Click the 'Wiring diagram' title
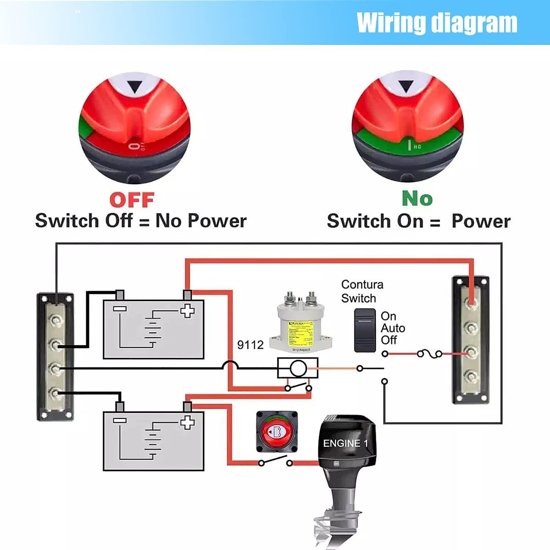coord(437,23)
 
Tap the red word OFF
coord(132,200)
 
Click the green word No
coord(417,198)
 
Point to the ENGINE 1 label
coord(346,443)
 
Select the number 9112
coord(250,345)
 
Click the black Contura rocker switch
coord(365,330)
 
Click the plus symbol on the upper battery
coord(187,311)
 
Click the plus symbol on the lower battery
coord(187,422)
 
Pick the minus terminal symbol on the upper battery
coord(120,309)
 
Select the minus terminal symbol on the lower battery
coord(120,420)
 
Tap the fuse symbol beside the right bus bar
coord(429,353)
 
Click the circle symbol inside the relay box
coord(298,368)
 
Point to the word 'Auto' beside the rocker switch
coord(393,328)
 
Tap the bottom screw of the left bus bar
coord(55,393)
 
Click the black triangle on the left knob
coord(135,87)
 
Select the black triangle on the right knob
coord(406,86)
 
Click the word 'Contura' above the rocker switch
coord(362,284)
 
